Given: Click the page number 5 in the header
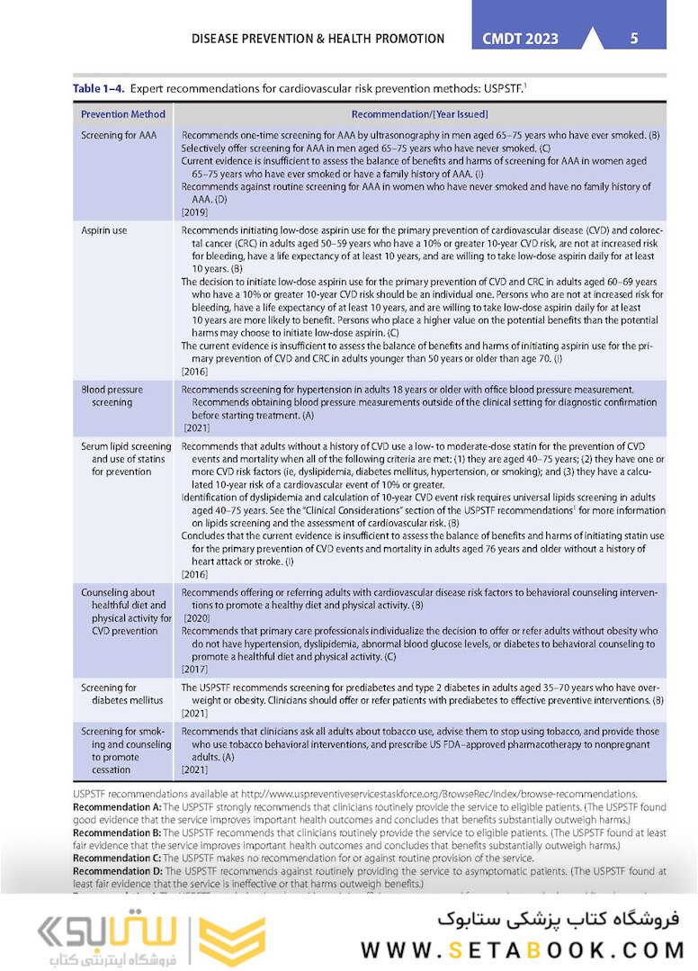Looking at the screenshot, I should pos(634,38).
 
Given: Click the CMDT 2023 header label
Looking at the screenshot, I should pos(521,39).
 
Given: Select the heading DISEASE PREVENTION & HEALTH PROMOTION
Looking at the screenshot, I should pos(318,39).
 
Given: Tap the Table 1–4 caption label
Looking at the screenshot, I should pos(100,89).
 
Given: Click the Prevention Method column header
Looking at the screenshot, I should pos(123,114).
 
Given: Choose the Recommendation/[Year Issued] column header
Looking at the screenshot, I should pos(419,114).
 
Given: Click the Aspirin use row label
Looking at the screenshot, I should pos(104,231).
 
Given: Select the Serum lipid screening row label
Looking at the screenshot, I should pos(125,459).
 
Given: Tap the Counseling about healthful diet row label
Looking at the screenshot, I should pos(125,612).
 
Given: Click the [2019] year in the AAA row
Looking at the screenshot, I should pos(195,212).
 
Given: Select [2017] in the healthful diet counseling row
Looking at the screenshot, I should pos(195,669).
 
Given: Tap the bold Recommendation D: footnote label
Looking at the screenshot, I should pos(117,870).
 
